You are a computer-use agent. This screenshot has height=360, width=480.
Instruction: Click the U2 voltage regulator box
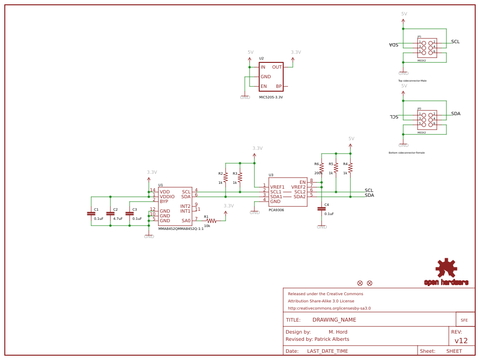(x=271, y=77)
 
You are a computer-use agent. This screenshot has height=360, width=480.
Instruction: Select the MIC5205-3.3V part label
(x=271, y=97)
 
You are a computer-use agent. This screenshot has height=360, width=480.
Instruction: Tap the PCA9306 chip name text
(x=276, y=210)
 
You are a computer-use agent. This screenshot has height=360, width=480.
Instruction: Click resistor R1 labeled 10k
(x=211, y=221)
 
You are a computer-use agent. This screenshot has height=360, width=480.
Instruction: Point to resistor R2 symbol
(x=226, y=178)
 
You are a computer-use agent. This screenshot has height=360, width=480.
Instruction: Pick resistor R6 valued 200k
(x=322, y=168)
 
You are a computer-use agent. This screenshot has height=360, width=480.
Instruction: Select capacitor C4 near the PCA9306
(x=322, y=209)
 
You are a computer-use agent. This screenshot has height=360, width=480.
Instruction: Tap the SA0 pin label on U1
(x=186, y=221)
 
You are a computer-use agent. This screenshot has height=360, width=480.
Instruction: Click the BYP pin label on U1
(x=164, y=202)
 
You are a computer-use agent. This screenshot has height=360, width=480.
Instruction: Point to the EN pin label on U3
(x=302, y=182)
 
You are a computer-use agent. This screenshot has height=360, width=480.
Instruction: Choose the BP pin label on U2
(x=279, y=86)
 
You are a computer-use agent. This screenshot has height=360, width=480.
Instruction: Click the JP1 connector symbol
(x=427, y=48)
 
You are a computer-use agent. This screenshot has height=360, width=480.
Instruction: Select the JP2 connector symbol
(x=427, y=120)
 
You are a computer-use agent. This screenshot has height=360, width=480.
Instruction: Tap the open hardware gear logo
(x=446, y=268)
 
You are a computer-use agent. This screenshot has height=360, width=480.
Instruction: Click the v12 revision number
(x=461, y=341)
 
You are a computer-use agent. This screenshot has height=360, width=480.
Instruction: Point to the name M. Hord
(x=338, y=332)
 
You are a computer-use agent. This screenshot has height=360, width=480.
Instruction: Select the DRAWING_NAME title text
(x=334, y=320)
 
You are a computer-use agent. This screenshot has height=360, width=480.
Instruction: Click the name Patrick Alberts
(x=332, y=339)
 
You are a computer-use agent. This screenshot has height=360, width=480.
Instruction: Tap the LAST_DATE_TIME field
(x=327, y=351)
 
